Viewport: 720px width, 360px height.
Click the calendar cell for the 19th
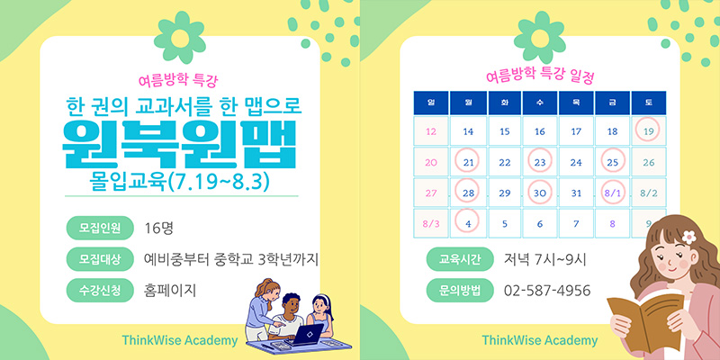tap(648, 131)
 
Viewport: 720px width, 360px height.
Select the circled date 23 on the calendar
tap(539, 162)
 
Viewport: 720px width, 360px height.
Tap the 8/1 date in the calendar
tap(612, 193)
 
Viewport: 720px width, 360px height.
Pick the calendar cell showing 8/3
tap(431, 223)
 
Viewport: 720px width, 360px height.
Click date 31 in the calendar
tap(576, 193)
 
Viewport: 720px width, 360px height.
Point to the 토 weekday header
tap(648, 103)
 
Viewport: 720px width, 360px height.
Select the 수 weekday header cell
tap(539, 103)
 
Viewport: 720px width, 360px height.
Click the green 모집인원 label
tap(100, 229)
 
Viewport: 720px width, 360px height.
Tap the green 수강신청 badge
tap(100, 290)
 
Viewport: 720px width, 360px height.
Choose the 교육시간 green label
tap(460, 259)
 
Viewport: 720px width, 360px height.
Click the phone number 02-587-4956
tap(547, 291)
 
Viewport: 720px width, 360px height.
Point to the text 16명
tap(158, 229)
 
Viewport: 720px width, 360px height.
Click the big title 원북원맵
tap(178, 145)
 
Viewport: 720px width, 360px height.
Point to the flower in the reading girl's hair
tap(688, 237)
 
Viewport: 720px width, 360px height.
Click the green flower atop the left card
tap(180, 38)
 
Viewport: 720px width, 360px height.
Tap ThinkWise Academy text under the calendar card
tap(539, 340)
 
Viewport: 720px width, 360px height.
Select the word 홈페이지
tap(170, 290)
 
